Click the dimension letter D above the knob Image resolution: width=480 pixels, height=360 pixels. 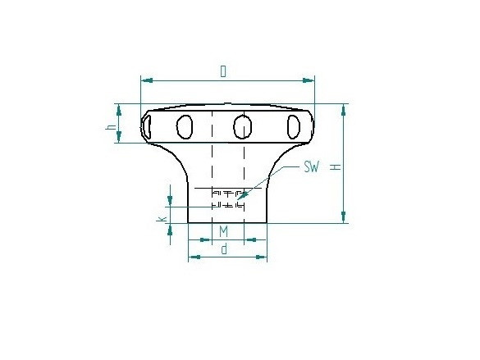tap(223, 71)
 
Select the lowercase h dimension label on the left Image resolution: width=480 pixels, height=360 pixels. tap(111, 126)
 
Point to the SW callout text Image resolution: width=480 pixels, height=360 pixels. tap(311, 167)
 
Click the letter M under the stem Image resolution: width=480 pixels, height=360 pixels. tap(224, 231)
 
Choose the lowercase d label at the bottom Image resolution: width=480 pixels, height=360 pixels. tap(224, 249)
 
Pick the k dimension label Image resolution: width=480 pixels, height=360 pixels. tap(162, 219)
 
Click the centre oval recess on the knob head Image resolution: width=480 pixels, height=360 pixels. tap(242, 127)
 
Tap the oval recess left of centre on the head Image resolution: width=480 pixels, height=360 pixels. tap(185, 126)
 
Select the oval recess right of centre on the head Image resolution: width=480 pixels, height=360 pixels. tap(293, 127)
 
